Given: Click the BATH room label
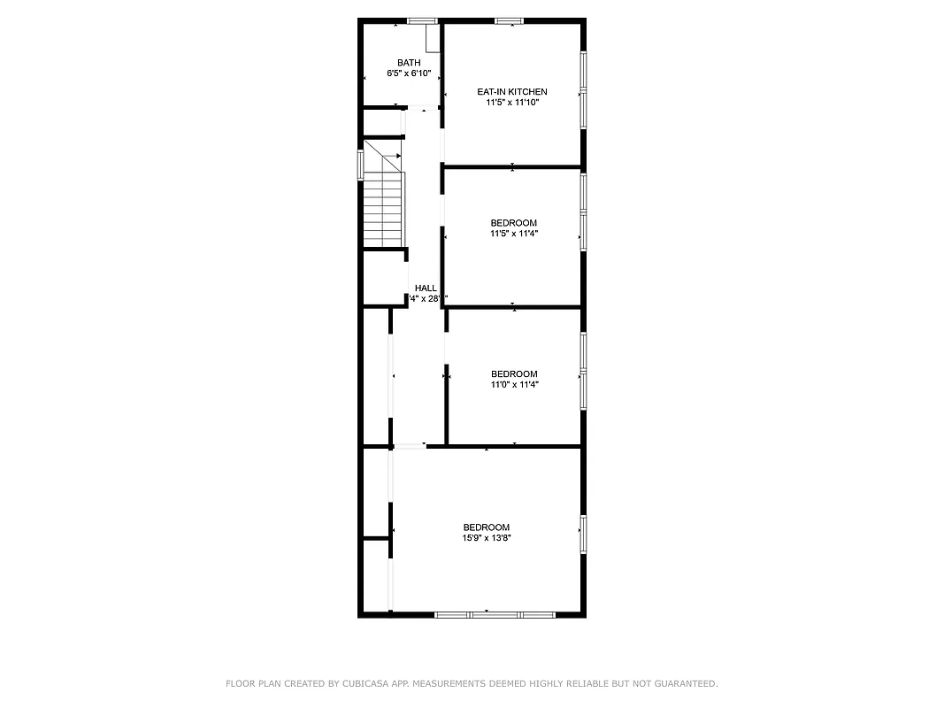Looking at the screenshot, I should (409, 62).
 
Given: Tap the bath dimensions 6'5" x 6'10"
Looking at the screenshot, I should (409, 73).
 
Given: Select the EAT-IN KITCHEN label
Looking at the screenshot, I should (512, 91).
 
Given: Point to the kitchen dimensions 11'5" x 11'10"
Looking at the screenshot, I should (512, 103).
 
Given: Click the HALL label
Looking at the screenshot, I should (426, 288).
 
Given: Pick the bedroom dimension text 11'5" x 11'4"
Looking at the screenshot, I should (514, 234).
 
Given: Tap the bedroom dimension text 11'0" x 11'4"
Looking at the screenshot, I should (514, 385).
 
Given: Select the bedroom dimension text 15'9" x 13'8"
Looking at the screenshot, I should (487, 538).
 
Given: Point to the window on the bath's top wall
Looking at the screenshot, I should (421, 20).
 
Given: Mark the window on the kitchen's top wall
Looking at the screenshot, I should (509, 20).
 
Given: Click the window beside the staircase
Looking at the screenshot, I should (360, 165).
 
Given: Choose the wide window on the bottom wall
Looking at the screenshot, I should (495, 613).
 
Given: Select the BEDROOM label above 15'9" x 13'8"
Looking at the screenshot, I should (487, 527).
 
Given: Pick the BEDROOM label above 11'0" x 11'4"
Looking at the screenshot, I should (514, 373).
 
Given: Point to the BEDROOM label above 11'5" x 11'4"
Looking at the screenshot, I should (514, 222).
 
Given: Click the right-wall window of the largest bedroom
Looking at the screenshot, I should (582, 534).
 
